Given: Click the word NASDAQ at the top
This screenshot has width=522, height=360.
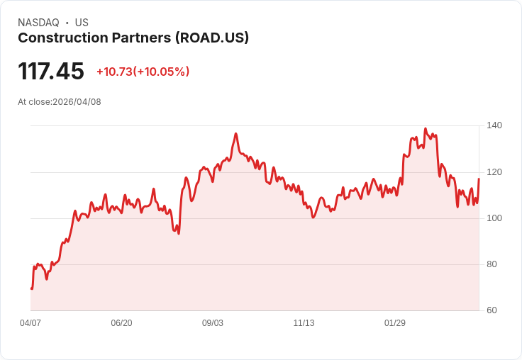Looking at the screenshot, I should [x=38, y=23].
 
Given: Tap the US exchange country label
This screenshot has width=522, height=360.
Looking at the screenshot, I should [x=82, y=23].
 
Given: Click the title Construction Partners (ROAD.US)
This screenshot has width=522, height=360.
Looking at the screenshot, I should [x=133, y=38].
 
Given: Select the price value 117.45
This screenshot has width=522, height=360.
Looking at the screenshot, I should [x=51, y=72].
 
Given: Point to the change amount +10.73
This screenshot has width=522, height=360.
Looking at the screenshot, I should [x=114, y=72].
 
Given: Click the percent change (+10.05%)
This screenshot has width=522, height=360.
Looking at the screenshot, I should [x=162, y=72].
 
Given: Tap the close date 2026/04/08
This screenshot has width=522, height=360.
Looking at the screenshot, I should [x=77, y=102].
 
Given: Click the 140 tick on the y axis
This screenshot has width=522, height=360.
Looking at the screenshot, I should [x=494, y=125].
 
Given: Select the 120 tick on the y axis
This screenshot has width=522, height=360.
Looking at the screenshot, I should [x=494, y=172].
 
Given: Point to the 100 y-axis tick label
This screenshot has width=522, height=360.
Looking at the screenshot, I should [x=494, y=218].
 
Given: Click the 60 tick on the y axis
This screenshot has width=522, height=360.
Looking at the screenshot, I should [x=492, y=310].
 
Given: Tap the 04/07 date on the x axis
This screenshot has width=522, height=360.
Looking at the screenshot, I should [x=30, y=323].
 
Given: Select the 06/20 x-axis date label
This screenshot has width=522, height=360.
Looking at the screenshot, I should [x=121, y=323].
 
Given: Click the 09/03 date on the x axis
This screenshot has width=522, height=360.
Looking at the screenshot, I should [x=213, y=323].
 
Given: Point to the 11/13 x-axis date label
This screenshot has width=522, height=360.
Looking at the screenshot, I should [x=304, y=323].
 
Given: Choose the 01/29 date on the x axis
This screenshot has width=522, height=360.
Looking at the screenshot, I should [x=395, y=323].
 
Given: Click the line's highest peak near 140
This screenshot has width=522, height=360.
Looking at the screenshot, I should [x=425, y=129].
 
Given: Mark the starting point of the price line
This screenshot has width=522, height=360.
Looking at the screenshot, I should [x=31, y=288].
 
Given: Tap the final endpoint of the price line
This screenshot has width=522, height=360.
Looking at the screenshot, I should [x=479, y=179].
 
